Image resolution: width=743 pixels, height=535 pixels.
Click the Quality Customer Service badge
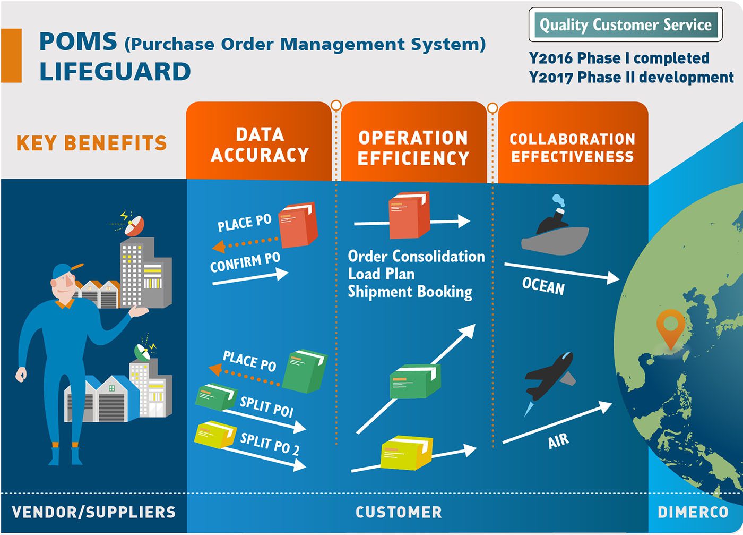click(625, 24)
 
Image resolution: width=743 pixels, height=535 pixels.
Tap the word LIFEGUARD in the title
click(115, 72)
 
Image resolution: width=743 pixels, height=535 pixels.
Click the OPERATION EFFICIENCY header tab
click(413, 142)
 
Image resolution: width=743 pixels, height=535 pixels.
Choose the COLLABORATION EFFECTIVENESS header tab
click(573, 143)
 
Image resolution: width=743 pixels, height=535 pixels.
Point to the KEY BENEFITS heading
click(91, 143)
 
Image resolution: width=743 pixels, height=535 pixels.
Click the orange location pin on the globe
click(670, 327)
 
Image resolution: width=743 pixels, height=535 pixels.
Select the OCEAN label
click(543, 286)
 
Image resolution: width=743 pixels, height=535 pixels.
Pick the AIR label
click(558, 441)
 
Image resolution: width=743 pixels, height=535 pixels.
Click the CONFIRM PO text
click(245, 262)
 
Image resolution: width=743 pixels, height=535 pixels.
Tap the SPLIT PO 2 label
click(270, 444)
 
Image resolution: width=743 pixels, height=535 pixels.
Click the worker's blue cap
click(65, 270)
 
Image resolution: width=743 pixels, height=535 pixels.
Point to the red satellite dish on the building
click(134, 225)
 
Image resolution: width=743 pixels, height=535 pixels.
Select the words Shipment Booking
click(410, 292)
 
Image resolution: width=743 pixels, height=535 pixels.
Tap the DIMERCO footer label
click(693, 512)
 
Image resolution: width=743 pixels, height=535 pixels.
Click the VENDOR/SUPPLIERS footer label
click(94, 512)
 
